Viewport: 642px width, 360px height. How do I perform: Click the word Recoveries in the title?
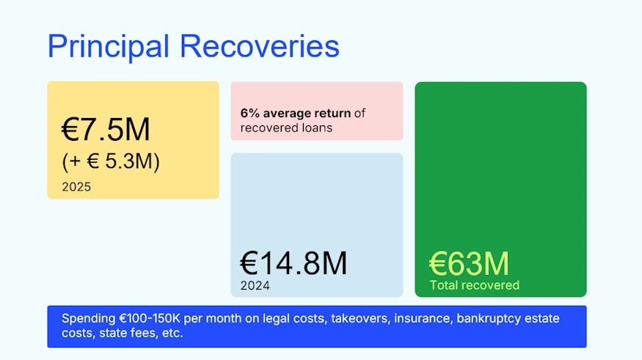coord(260,46)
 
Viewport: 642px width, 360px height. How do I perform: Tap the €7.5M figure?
coord(106,131)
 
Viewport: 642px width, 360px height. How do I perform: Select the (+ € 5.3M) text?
coord(110,161)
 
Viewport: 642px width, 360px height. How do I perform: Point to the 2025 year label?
coord(76,187)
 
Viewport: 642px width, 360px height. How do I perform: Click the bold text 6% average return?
coord(296,114)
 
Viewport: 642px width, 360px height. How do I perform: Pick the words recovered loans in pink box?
coord(286,128)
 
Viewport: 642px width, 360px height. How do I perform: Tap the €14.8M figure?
coord(293,263)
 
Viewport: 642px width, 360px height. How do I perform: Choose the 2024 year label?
coord(255,286)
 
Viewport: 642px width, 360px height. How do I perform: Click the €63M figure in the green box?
coord(469,263)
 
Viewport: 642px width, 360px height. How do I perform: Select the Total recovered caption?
coord(474,285)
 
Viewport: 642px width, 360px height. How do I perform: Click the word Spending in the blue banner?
coord(89,319)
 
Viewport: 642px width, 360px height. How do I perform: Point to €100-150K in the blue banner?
coord(150,319)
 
